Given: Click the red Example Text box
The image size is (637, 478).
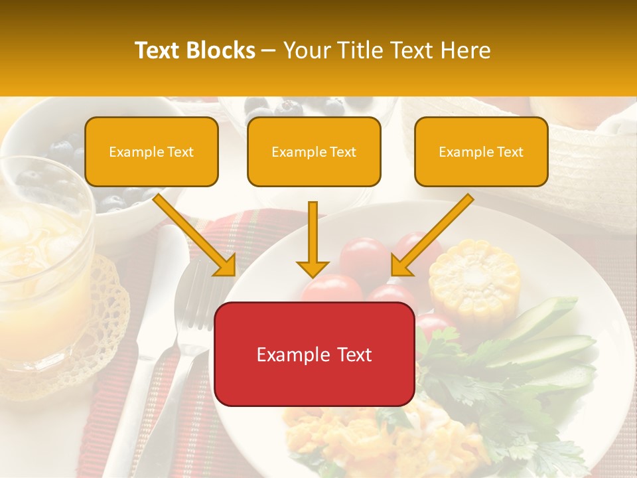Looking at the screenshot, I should pyautogui.click(x=314, y=354).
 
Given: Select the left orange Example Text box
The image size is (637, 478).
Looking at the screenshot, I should pyautogui.click(x=151, y=151).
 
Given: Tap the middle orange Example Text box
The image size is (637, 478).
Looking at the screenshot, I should pyautogui.click(x=314, y=151).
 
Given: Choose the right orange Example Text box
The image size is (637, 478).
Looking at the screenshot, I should pyautogui.click(x=481, y=151).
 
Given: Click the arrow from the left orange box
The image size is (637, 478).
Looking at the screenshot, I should pyautogui.click(x=196, y=236).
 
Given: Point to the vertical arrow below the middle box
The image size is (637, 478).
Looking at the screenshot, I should pyautogui.click(x=313, y=239).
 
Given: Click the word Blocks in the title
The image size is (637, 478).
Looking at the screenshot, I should pyautogui.click(x=221, y=50).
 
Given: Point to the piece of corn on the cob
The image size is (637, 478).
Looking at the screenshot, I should pyautogui.click(x=474, y=278).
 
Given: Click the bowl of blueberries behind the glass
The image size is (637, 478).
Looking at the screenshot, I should pyautogui.click(x=100, y=166).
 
